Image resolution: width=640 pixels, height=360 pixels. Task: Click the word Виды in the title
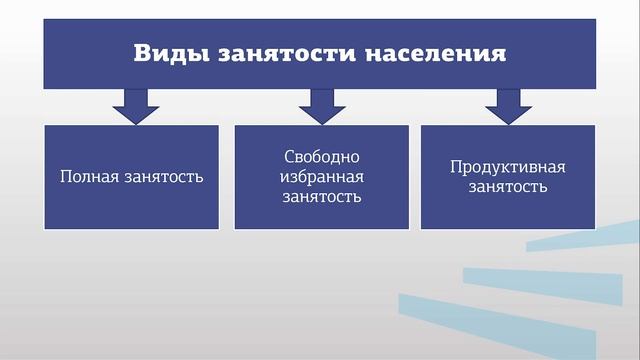pos(166,52)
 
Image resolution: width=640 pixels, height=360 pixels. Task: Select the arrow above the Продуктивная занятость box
pos(507,105)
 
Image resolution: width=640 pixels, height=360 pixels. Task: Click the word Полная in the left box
pos(88,177)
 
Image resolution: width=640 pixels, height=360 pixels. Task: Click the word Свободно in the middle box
pos(321,158)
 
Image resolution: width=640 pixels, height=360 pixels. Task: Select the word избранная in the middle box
pos(321,177)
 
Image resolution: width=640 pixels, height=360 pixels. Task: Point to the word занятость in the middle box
pos(321,196)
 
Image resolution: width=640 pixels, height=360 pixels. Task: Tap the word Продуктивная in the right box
pos(507,167)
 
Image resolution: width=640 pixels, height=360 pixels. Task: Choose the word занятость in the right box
pos(507,187)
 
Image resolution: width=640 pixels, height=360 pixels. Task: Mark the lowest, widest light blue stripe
pos(520,320)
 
